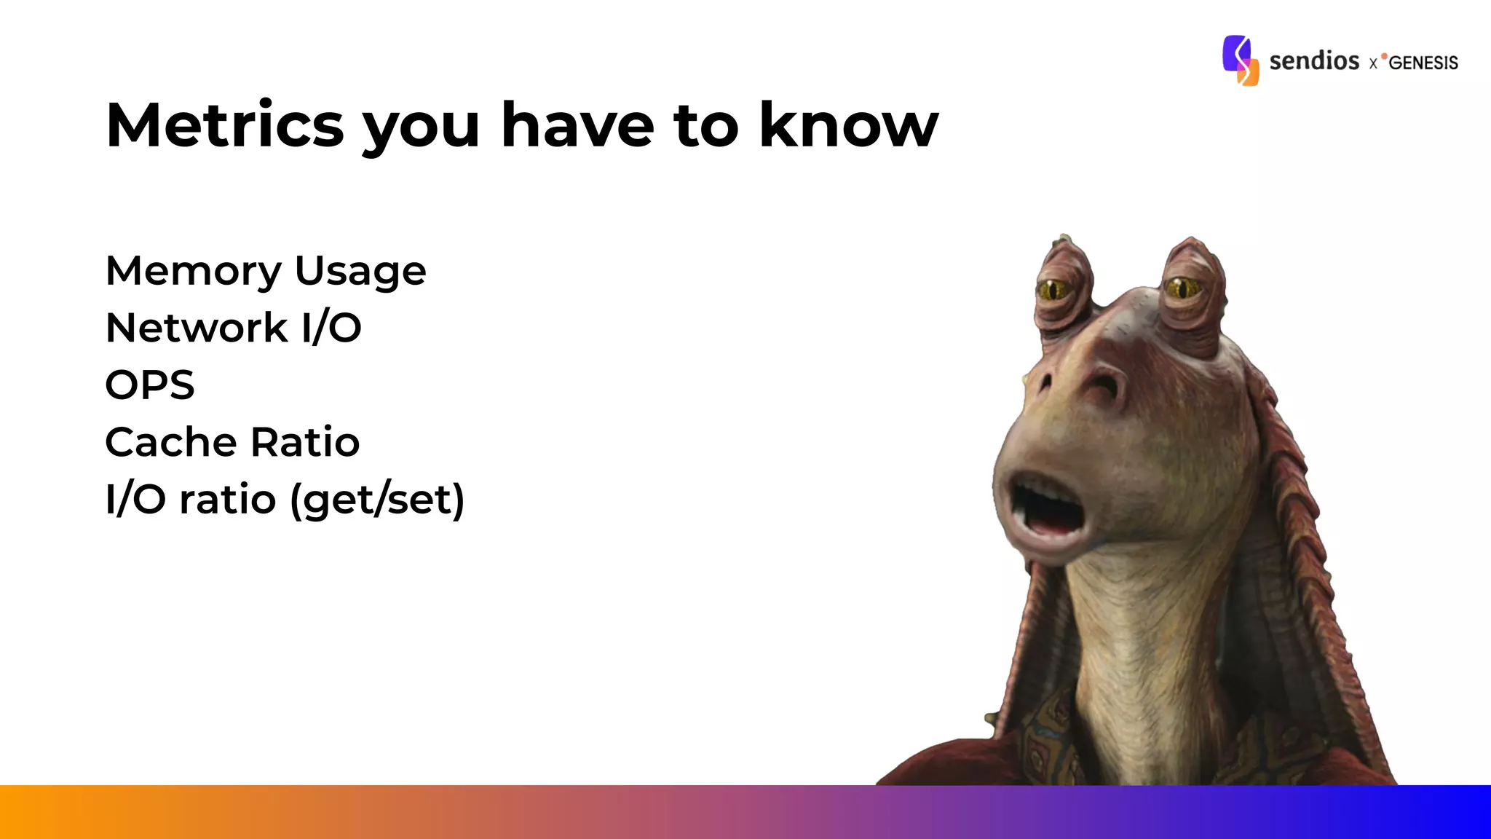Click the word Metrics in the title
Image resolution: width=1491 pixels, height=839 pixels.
pyautogui.click(x=224, y=125)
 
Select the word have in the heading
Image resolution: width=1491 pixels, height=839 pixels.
pyautogui.click(x=577, y=125)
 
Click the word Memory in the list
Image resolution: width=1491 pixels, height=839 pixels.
pyautogui.click(x=193, y=272)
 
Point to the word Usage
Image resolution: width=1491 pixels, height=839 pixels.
pyautogui.click(x=360, y=272)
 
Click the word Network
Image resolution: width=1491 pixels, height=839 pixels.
pyautogui.click(x=197, y=328)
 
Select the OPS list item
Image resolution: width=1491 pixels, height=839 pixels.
pyautogui.click(x=150, y=385)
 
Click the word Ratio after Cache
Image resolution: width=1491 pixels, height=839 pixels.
pyautogui.click(x=305, y=442)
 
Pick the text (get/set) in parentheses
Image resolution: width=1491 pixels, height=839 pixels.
pyautogui.click(x=377, y=500)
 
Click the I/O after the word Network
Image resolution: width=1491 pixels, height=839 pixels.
pyautogui.click(x=331, y=328)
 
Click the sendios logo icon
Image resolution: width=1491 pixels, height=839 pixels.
pyautogui.click(x=1240, y=60)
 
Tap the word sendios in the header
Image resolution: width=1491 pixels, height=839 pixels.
pyautogui.click(x=1314, y=60)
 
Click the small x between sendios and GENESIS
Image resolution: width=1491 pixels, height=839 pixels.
pyautogui.click(x=1373, y=64)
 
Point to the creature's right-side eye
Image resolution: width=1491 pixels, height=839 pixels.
pyautogui.click(x=1182, y=288)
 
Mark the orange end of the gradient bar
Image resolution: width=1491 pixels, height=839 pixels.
pyautogui.click(x=29, y=811)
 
